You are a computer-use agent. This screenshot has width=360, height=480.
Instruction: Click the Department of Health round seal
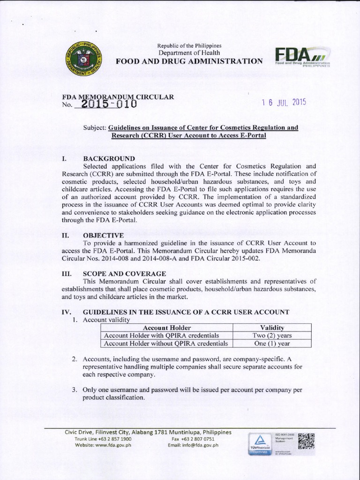tap(82, 60)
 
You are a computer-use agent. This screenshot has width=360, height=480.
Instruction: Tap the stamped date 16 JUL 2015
tap(284, 103)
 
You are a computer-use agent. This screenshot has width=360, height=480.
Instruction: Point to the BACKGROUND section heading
tap(109, 158)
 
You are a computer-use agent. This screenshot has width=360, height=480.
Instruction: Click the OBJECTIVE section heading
tap(103, 235)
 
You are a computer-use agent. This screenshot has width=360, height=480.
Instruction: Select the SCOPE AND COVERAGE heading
tap(124, 273)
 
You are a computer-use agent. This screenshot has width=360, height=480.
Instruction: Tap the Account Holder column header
tap(166, 328)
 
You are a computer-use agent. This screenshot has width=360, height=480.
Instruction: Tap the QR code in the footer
tap(306, 441)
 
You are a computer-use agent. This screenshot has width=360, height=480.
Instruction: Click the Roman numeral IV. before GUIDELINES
tap(66, 312)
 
